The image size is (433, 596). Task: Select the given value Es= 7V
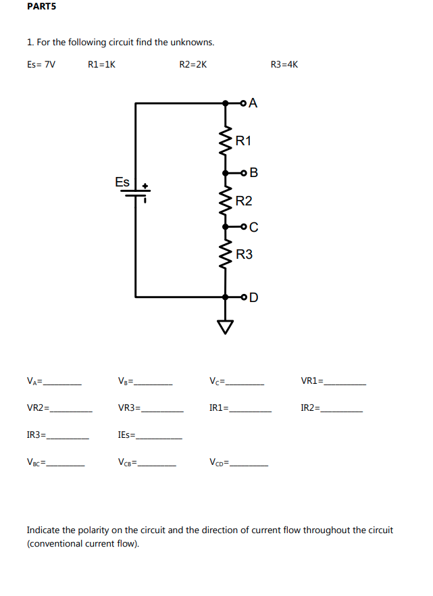(42, 65)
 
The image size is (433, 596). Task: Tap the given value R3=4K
(284, 65)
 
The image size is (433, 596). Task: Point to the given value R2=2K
(193, 65)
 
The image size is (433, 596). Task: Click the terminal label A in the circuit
(253, 103)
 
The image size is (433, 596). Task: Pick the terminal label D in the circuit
(253, 297)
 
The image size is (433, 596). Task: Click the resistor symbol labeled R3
(226, 255)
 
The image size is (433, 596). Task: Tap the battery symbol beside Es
(136, 193)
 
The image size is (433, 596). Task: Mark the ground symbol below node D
(226, 326)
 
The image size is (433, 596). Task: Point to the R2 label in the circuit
(244, 201)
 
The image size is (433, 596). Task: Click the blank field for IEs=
(159, 437)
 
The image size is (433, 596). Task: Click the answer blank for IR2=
(342, 409)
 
